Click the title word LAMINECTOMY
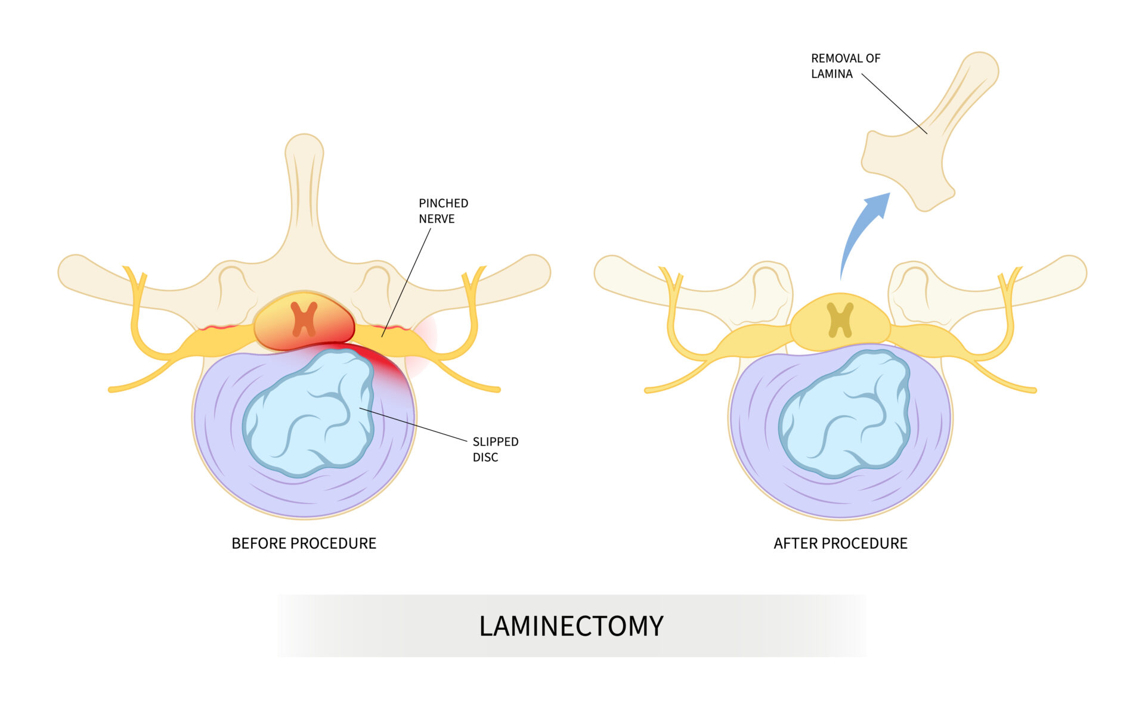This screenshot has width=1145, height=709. pyautogui.click(x=571, y=626)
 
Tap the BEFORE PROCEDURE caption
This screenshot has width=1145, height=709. pyautogui.click(x=304, y=543)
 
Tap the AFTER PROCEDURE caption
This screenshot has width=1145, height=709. pyautogui.click(x=840, y=543)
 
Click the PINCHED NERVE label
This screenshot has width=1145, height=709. pyautogui.click(x=443, y=211)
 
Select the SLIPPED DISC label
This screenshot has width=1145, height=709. pyautogui.click(x=495, y=449)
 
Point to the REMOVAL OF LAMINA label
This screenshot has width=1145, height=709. pyautogui.click(x=845, y=66)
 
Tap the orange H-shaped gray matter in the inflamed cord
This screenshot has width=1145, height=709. pyautogui.click(x=304, y=319)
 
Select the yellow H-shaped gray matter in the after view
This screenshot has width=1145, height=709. pyautogui.click(x=840, y=319)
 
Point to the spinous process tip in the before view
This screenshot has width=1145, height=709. pyautogui.click(x=304, y=149)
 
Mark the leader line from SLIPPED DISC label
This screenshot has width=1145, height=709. pyautogui.click(x=417, y=425)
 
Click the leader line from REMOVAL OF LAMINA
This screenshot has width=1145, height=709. pyautogui.click(x=895, y=104)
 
